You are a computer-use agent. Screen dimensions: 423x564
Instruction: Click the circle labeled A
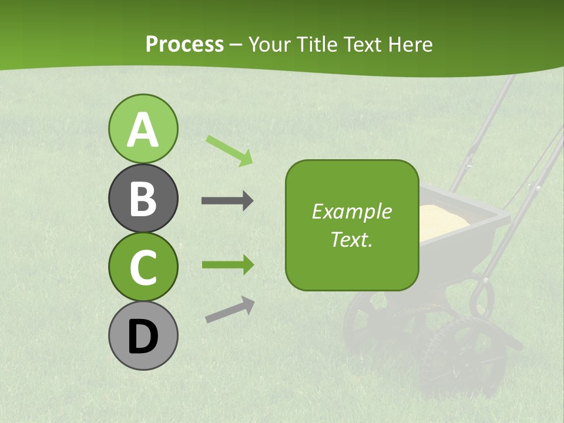pos(143,129)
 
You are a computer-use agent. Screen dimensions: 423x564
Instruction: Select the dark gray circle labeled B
pos(143,198)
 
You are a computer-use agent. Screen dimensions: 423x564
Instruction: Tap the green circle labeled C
pos(143,267)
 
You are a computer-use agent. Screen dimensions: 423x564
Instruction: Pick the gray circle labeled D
pos(143,335)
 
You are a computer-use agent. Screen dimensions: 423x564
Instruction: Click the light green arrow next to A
pos(229,150)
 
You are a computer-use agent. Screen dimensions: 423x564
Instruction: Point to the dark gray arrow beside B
pos(227,201)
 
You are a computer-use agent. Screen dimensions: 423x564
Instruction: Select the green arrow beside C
pos(227,264)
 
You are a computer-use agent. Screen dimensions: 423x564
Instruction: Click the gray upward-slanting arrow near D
pos(230,309)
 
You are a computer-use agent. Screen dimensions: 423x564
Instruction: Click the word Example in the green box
pos(351,211)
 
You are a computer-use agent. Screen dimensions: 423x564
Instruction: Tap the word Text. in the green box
pos(351,239)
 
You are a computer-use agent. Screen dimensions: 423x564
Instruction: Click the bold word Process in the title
pos(184,44)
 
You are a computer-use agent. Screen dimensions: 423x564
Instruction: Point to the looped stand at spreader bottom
pos(482,297)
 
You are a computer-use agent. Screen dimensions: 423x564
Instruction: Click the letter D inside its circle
pos(143,337)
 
